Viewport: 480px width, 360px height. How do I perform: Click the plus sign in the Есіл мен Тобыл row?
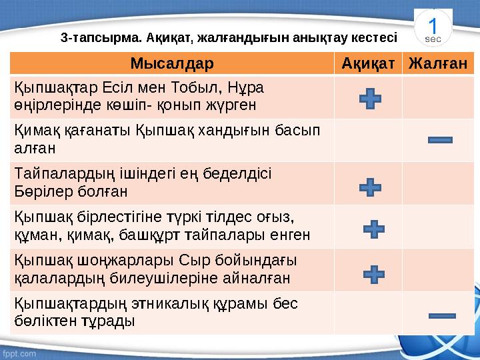pyautogui.click(x=370, y=101)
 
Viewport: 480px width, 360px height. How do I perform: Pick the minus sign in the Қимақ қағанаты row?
pyautogui.click(x=439, y=140)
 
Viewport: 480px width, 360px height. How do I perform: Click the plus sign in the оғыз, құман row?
pyautogui.click(x=375, y=230)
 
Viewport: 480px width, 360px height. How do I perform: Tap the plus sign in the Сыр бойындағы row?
pyautogui.click(x=375, y=273)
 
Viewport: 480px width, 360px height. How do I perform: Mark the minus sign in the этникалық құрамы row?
pyautogui.click(x=441, y=315)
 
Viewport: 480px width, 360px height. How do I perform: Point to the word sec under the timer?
pyautogui.click(x=433, y=39)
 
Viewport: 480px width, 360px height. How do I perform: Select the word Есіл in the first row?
pyautogui.click(x=120, y=87)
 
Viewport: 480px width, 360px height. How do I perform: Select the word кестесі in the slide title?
pyautogui.click(x=375, y=37)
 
